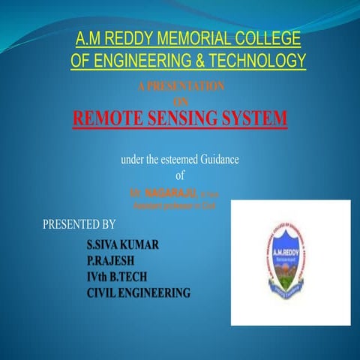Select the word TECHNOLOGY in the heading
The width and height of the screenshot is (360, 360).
[250, 61]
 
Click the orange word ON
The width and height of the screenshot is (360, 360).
[180, 101]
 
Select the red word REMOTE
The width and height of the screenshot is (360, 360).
[115, 118]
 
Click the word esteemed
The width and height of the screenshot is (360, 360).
[176, 159]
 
